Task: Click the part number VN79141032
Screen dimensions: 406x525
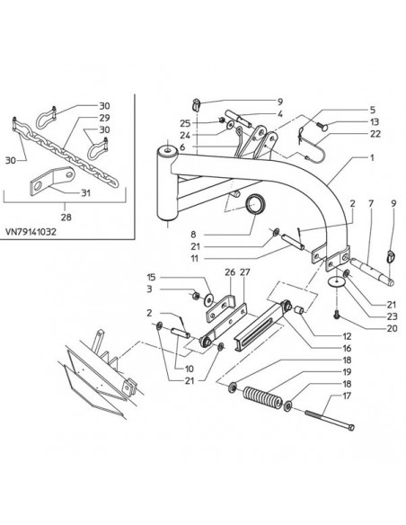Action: pos(31,232)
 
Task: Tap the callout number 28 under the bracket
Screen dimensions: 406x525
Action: pos(66,217)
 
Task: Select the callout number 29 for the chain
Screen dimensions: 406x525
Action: pos(104,118)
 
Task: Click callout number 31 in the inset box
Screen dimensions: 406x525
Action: pos(86,193)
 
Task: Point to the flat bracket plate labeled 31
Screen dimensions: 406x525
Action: pos(52,181)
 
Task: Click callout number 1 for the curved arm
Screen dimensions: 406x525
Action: pos(372,157)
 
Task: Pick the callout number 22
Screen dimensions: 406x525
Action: pos(375,134)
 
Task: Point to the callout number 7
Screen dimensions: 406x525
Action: pos(371,203)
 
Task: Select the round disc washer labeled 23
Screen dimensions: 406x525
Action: pos(337,282)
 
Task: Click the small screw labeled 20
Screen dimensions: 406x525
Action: pos(337,314)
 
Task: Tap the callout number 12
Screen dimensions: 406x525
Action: pos(347,336)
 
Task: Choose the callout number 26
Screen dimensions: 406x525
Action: pos(230,272)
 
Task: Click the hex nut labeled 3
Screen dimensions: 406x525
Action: pos(197,296)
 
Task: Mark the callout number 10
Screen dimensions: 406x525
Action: pos(189,369)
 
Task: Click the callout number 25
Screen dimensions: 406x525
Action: pos(185,123)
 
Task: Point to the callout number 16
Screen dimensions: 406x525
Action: pos(347,348)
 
